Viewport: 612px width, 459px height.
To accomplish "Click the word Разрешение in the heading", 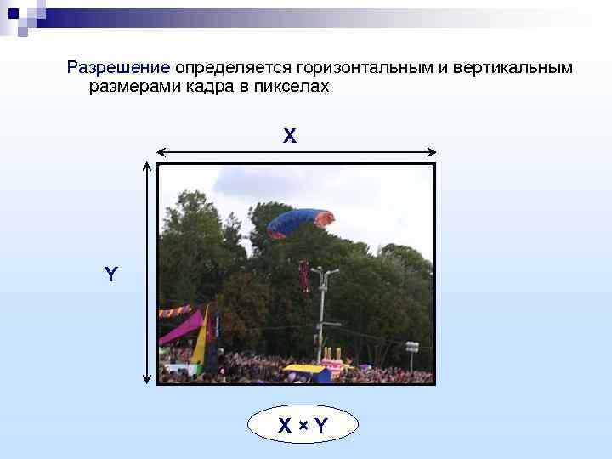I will tap(119, 67).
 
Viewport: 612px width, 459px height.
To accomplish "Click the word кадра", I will tap(220, 87).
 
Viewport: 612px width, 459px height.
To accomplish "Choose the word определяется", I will tap(233, 67).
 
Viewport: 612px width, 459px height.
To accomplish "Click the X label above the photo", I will tap(290, 135).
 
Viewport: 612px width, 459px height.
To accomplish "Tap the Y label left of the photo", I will tap(110, 275).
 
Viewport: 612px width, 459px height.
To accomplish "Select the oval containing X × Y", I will tap(303, 425).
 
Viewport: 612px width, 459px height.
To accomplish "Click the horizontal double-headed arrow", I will tap(297, 153).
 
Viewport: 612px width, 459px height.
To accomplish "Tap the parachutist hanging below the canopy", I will tap(304, 276).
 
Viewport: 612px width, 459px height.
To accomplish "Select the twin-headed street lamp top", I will tap(324, 274).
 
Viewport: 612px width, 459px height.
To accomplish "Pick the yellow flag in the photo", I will tap(202, 336).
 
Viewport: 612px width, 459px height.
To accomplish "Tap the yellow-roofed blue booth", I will tap(307, 372).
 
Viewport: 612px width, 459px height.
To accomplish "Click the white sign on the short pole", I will tap(412, 347).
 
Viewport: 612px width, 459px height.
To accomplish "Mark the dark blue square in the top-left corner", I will tap(13, 13).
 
